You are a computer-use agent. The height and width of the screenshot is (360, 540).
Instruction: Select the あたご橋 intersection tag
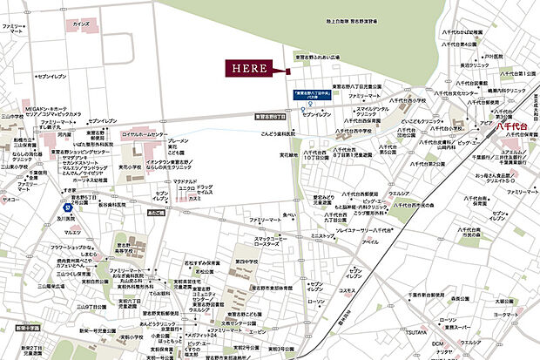(158, 212)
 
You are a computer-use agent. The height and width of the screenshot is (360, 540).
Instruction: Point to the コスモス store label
(346, 290)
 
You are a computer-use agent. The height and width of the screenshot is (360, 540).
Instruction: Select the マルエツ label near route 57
(73, 233)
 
